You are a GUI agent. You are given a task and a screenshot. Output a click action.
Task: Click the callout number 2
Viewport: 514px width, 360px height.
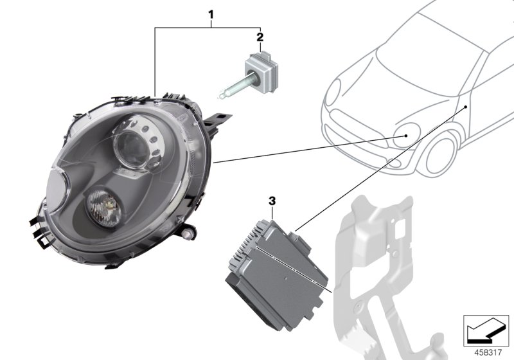260,37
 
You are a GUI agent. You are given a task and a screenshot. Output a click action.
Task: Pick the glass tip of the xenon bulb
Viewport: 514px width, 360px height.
221,96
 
